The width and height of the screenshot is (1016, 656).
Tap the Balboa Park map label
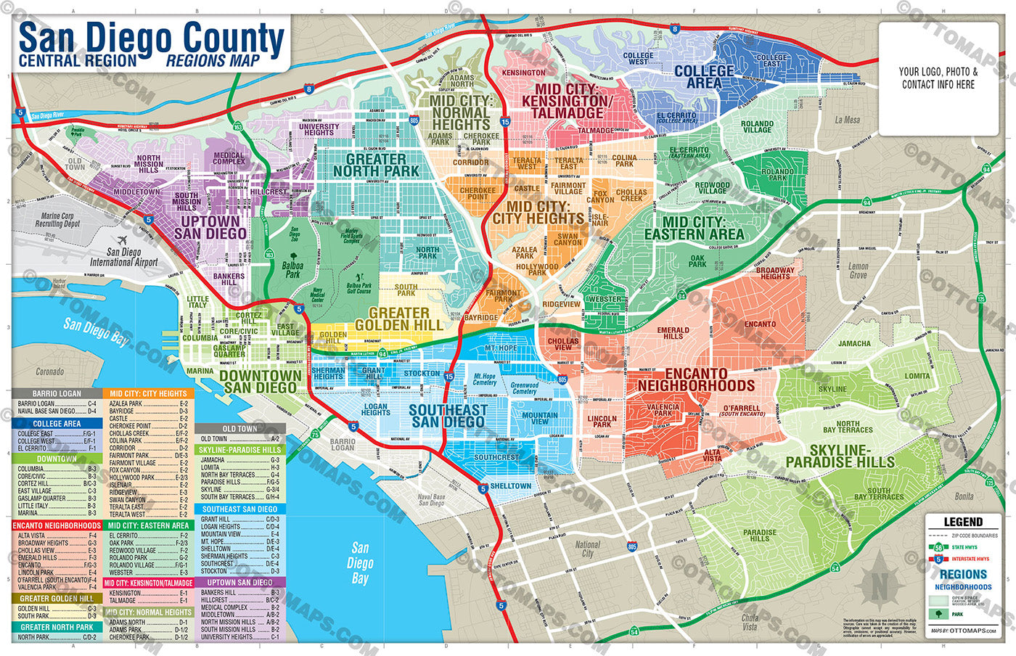click(x=292, y=270)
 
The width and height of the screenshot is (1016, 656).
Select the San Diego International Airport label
click(x=123, y=257)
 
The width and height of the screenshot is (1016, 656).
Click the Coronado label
click(x=49, y=372)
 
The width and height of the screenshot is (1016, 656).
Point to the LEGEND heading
click(x=962, y=522)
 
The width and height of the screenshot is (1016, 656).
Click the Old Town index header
click(x=239, y=428)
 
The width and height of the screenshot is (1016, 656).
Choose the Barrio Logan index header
click(x=57, y=393)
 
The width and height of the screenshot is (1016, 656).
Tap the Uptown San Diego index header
click(x=239, y=582)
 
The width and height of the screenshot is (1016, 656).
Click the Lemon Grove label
click(x=858, y=271)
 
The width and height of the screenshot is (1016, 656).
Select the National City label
click(x=587, y=549)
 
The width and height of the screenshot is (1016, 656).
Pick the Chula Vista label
click(x=749, y=622)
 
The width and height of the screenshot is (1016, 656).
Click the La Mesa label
click(x=847, y=120)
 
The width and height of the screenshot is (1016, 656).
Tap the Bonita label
click(x=964, y=496)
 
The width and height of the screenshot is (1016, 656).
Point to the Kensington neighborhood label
click(x=523, y=73)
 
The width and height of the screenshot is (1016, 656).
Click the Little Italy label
click(x=197, y=303)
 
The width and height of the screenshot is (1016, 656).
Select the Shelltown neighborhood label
click(x=510, y=485)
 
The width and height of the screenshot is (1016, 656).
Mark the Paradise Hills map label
click(x=759, y=535)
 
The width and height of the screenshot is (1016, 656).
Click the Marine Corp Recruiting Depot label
click(x=60, y=220)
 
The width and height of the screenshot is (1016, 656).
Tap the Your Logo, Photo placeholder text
click(x=938, y=78)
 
